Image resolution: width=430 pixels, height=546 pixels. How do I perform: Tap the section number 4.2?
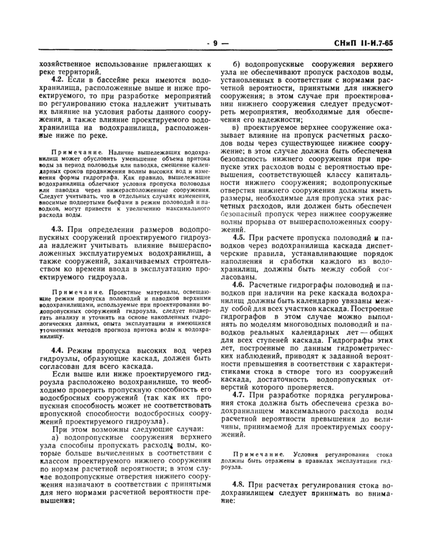pyautogui.click(x=58, y=81)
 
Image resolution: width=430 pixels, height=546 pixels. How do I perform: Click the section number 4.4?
pyautogui.click(x=58, y=348)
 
